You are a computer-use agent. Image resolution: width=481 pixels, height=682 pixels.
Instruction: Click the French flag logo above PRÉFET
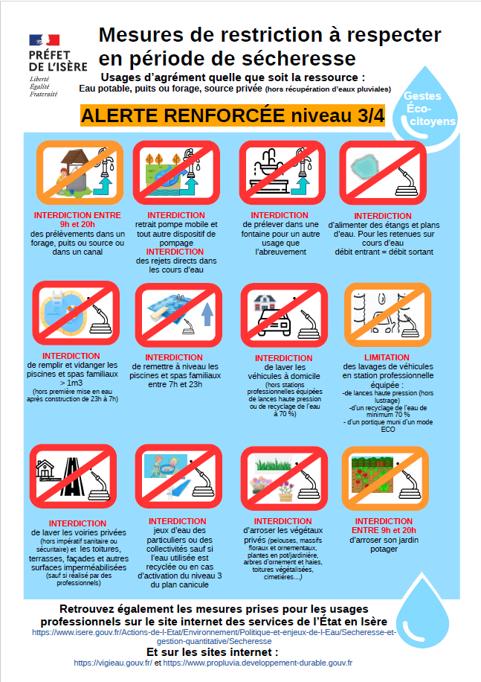[x=45, y=40]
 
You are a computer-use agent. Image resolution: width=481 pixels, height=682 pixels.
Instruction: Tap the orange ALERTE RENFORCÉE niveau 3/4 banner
[x=233, y=115]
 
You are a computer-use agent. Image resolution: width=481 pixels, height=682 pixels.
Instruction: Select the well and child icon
[x=80, y=173]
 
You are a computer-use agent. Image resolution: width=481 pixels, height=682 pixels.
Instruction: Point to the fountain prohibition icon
[x=283, y=173]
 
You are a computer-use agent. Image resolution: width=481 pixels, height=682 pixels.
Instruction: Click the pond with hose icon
[x=383, y=173]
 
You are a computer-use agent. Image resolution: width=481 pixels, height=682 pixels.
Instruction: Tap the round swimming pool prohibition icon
[x=76, y=313]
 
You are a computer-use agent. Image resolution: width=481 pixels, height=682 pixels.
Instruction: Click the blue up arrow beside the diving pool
[x=207, y=314]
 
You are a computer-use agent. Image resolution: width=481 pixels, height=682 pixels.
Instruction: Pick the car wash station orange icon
[x=387, y=315]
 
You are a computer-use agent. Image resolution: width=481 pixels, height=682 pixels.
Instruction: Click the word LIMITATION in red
[x=387, y=357]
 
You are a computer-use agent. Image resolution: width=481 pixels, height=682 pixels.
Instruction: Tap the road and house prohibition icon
[x=73, y=477]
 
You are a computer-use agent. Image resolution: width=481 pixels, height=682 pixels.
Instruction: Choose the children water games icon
[x=178, y=477]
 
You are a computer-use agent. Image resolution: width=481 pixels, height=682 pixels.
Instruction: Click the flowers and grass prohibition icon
[x=284, y=478]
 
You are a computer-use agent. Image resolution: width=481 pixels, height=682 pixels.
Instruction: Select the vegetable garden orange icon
[x=385, y=478]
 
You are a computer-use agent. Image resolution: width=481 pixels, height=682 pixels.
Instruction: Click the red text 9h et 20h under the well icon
[x=77, y=224]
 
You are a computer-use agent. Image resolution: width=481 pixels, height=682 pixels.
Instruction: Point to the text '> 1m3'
[x=71, y=383]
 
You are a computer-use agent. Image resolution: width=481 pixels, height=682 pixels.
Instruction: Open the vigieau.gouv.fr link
[x=113, y=663]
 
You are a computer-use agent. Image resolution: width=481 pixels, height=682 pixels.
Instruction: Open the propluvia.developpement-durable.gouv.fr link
[x=258, y=663]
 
